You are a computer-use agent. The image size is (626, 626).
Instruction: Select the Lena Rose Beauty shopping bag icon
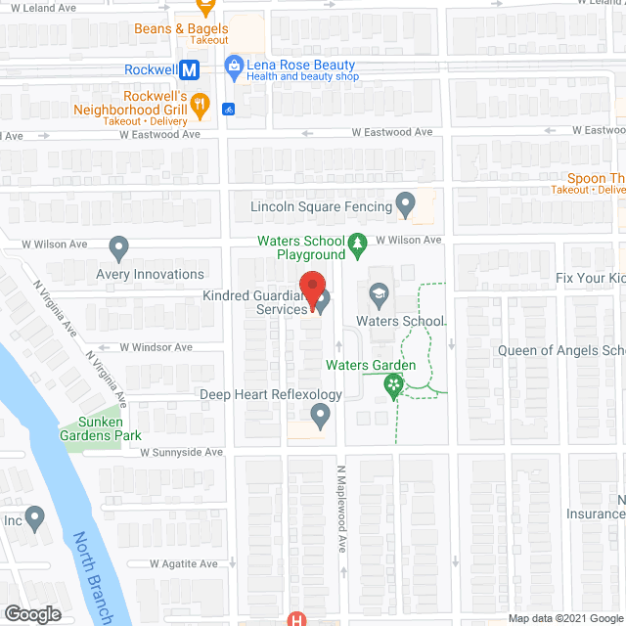coord(233,67)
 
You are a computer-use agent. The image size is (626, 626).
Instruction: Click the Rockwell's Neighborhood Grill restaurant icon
coord(200,102)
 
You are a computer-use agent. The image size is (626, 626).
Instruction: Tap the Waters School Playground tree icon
coord(359,241)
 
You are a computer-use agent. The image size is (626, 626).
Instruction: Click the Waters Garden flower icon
coord(393,387)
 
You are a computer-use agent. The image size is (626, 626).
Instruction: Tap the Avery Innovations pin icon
coord(119,248)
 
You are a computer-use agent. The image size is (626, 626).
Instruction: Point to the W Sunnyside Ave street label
coord(181,453)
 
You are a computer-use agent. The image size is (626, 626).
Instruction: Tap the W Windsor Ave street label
coord(156,347)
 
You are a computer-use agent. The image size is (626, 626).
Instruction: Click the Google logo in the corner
coord(32,613)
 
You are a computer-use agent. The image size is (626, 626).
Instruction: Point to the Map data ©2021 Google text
coord(565,619)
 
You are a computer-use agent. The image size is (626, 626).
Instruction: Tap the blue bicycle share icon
coord(229,109)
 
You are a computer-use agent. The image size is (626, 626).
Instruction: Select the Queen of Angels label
coord(560,351)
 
